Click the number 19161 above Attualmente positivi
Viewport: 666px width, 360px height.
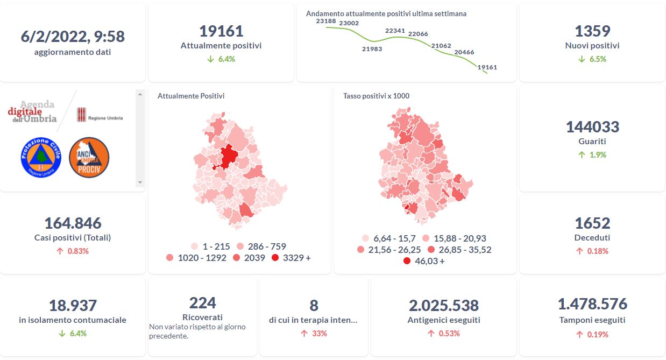pos(221,31)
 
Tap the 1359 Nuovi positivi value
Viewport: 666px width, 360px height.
pos(592,31)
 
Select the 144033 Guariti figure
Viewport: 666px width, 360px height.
pos(592,127)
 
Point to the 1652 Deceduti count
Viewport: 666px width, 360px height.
pos(592,223)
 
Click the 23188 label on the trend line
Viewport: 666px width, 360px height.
pos(326,21)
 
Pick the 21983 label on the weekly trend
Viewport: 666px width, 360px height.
pos(372,49)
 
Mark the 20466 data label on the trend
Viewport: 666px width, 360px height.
pos(464,52)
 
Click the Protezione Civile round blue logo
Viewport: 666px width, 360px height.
pos(41,157)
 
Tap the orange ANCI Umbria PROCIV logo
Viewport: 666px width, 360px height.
pos(89,157)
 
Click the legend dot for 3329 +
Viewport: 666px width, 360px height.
pos(275,258)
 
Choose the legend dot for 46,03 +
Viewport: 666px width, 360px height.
pos(407,261)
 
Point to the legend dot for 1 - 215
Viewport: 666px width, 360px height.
pos(194,246)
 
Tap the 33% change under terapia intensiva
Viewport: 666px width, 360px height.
pos(314,334)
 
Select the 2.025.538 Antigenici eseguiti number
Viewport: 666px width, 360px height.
pos(444,306)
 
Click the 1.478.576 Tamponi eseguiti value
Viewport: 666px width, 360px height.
pos(592,304)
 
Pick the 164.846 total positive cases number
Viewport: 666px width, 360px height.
pos(73,223)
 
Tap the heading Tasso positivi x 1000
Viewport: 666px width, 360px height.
pos(376,96)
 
